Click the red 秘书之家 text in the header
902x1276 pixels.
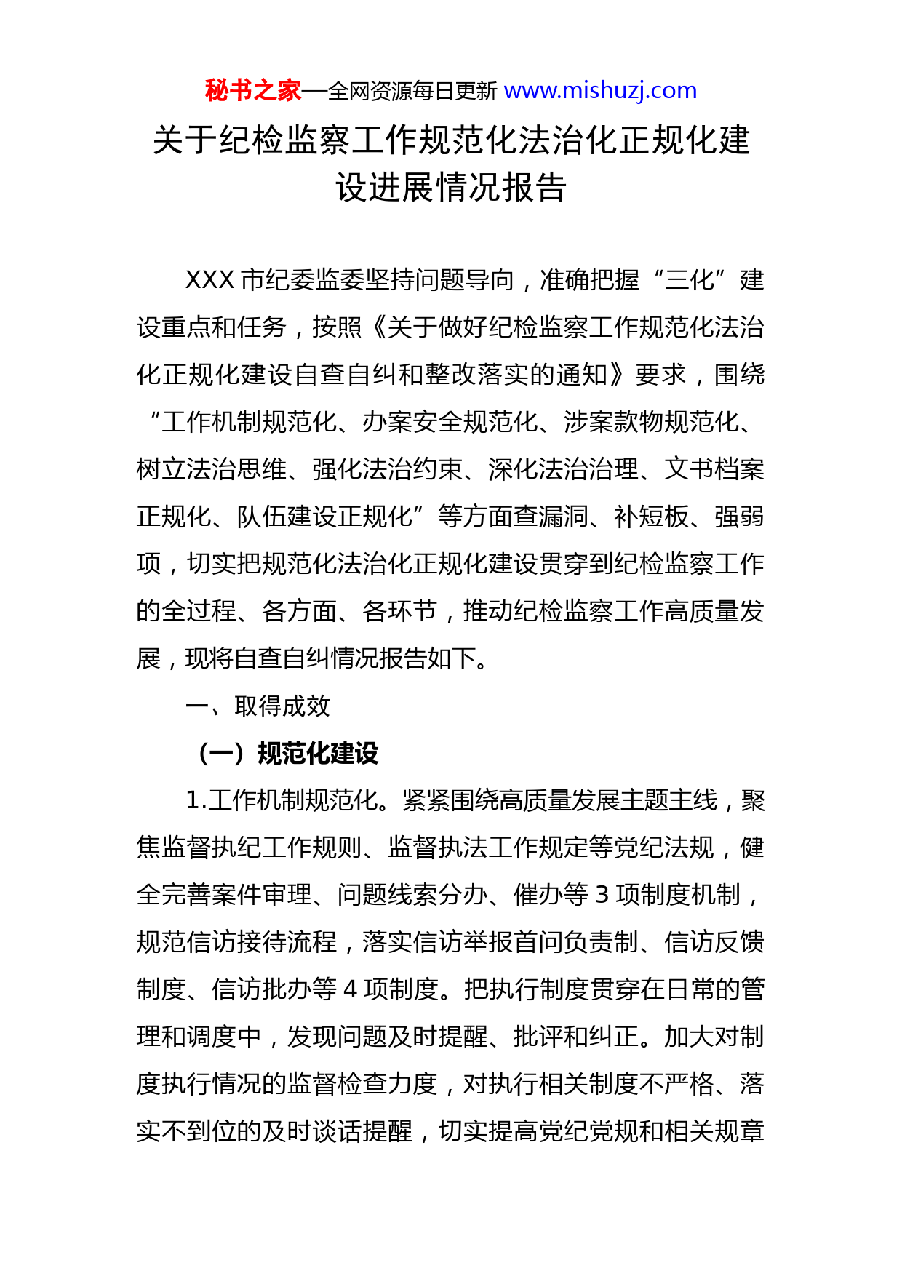pyautogui.click(x=252, y=91)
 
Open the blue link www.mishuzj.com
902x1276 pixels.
pyautogui.click(x=600, y=91)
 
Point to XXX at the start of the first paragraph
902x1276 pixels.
pyautogui.click(x=209, y=280)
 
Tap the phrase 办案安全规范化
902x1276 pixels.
pyautogui.click(x=450, y=422)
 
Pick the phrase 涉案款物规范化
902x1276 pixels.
pyautogui.click(x=650, y=422)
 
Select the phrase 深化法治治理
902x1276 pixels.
pyautogui.click(x=563, y=469)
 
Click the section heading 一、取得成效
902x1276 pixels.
pyautogui.click(x=258, y=706)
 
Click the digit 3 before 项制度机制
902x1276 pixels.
pyautogui.click(x=602, y=895)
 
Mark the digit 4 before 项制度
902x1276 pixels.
pyautogui.click(x=350, y=989)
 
